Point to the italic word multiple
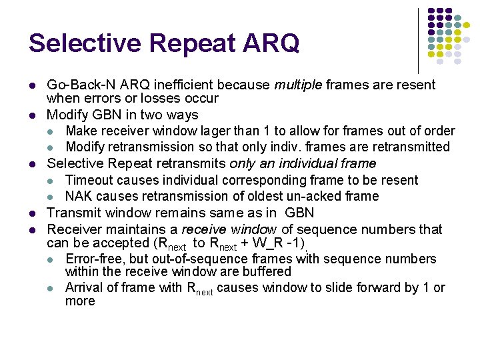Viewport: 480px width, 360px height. [298, 85]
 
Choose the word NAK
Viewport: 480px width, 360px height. [79, 196]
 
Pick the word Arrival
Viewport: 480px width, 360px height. [85, 288]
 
